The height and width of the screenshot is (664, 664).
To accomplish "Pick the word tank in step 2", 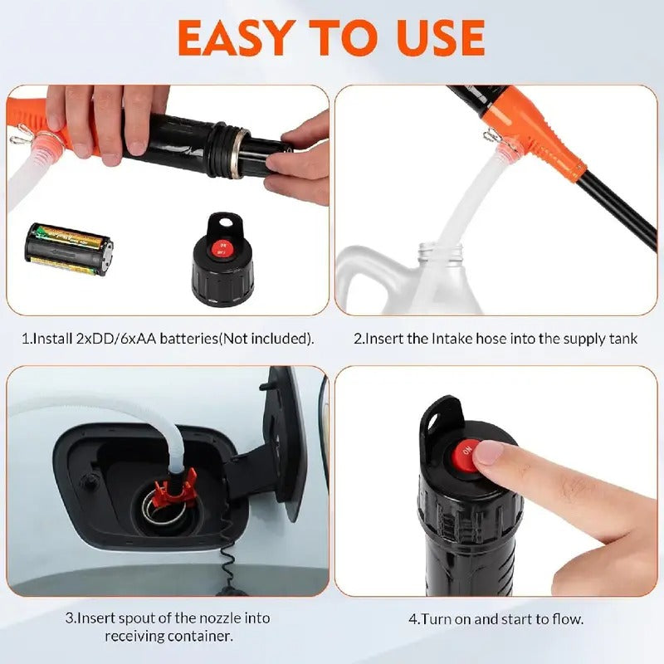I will (x=623, y=339).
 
